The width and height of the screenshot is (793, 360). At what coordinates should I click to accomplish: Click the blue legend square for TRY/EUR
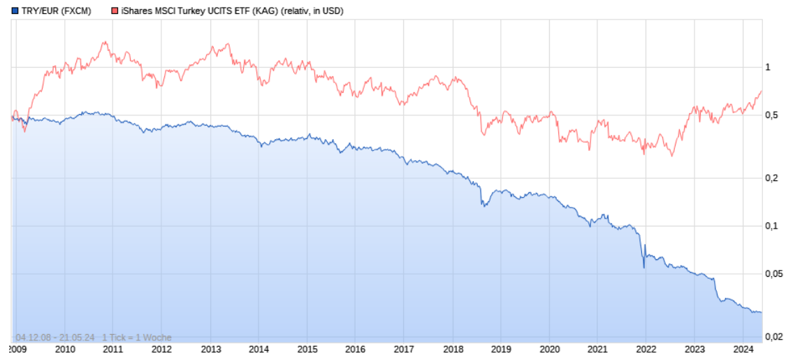pos(15,11)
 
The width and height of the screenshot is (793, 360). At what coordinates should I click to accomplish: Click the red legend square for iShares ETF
pos(115,11)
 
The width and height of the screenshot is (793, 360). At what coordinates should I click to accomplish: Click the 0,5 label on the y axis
pos(771,115)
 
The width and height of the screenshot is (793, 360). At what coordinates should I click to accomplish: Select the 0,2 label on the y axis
pos(771,178)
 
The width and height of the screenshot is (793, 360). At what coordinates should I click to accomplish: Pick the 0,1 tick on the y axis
pos(771,226)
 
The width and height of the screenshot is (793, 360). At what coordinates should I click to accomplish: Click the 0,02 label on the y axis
pos(773,337)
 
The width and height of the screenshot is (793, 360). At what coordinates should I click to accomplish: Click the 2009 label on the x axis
pos(17,349)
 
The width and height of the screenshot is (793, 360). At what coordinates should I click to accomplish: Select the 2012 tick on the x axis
pos(161,349)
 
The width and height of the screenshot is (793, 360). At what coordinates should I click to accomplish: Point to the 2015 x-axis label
pos(307,349)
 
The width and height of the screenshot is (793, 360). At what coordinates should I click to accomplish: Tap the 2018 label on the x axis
pos(452,349)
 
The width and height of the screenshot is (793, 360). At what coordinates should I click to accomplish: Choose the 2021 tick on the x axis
pos(597,349)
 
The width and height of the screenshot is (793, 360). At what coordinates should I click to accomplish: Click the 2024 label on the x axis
pos(742,349)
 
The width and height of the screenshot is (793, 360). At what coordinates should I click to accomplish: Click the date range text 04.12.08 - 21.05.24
pos(54,338)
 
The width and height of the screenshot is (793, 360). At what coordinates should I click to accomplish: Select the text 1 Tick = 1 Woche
pos(136,338)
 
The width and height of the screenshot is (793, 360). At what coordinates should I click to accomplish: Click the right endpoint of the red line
pos(762,91)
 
